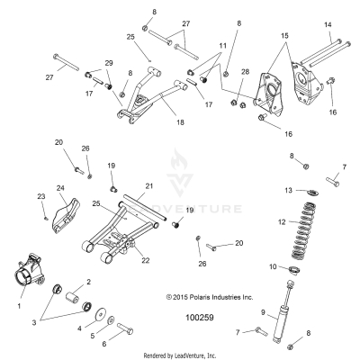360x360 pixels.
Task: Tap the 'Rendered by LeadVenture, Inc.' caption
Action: (181, 355)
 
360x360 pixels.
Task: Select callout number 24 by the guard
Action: (61, 188)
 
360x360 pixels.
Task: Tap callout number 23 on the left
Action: (40, 195)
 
